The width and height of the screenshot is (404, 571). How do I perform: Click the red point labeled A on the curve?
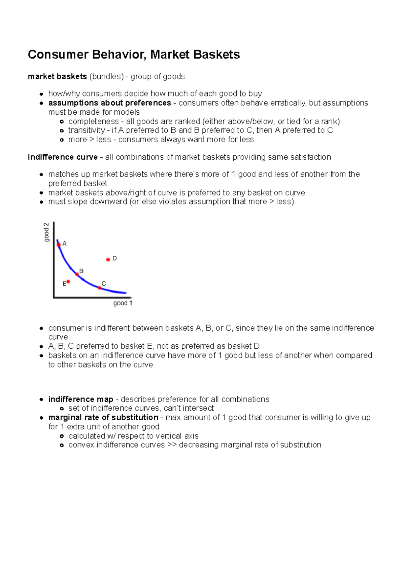(59, 245)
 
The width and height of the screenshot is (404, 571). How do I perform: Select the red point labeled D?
(108, 259)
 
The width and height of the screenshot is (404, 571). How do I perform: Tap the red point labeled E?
(68, 281)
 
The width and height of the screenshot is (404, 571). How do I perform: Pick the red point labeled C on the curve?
(100, 288)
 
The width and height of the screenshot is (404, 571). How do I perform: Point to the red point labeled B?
(77, 274)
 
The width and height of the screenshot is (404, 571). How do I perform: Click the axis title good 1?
(123, 303)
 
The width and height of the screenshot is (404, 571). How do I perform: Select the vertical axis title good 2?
(46, 232)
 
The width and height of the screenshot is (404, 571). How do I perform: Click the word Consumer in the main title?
(58, 54)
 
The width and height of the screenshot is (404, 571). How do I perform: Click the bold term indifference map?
(80, 399)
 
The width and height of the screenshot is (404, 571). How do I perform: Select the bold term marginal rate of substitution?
(103, 417)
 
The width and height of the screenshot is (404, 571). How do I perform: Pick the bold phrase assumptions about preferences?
(109, 103)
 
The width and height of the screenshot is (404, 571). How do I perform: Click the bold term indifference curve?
(63, 157)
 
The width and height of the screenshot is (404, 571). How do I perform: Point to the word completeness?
(93, 121)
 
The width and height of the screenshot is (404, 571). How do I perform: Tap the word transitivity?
(87, 130)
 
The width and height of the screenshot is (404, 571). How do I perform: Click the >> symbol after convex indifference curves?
(172, 445)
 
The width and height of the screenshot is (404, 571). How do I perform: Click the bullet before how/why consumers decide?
(41, 94)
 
